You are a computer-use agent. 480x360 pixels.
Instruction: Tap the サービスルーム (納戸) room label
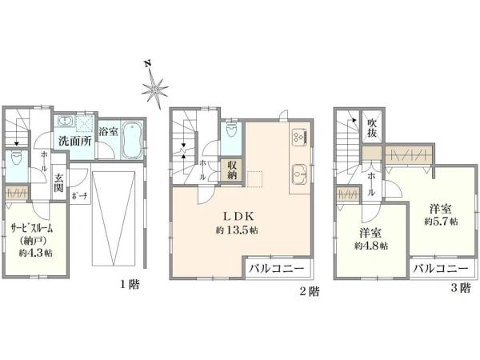(31, 231)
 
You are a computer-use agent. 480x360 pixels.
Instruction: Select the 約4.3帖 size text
(37, 253)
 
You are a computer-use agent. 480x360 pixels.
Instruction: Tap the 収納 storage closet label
(232, 170)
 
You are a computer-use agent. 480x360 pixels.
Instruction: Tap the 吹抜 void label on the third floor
(372, 128)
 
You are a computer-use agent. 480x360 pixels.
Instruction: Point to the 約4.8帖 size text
(373, 246)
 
